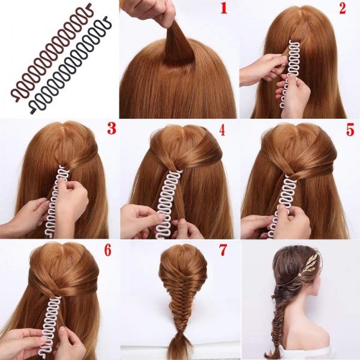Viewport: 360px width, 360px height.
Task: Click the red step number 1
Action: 224,9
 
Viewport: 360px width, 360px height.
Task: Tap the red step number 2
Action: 342,9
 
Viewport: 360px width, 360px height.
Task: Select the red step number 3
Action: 112,128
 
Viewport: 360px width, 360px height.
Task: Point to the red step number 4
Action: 222,131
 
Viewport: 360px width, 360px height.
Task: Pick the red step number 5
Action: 350,130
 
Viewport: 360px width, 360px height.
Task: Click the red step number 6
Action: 108,250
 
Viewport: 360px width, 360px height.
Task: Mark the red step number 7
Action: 223,250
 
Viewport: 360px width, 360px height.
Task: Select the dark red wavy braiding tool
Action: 51,52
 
